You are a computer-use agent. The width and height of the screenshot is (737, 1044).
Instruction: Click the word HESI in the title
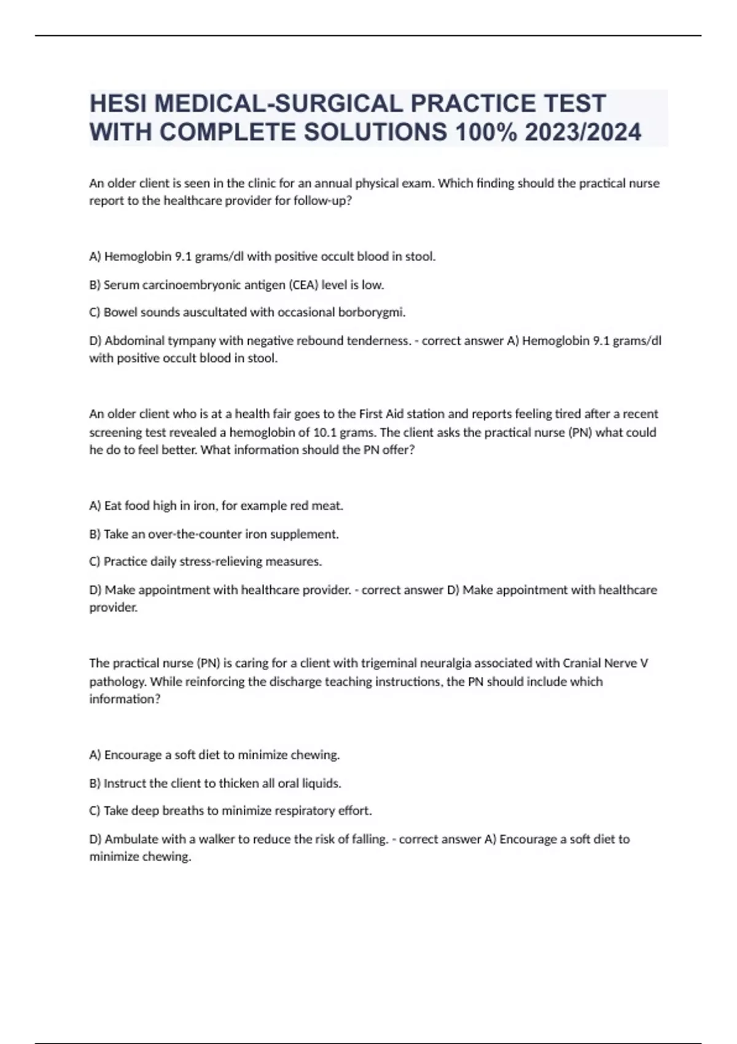click(118, 103)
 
